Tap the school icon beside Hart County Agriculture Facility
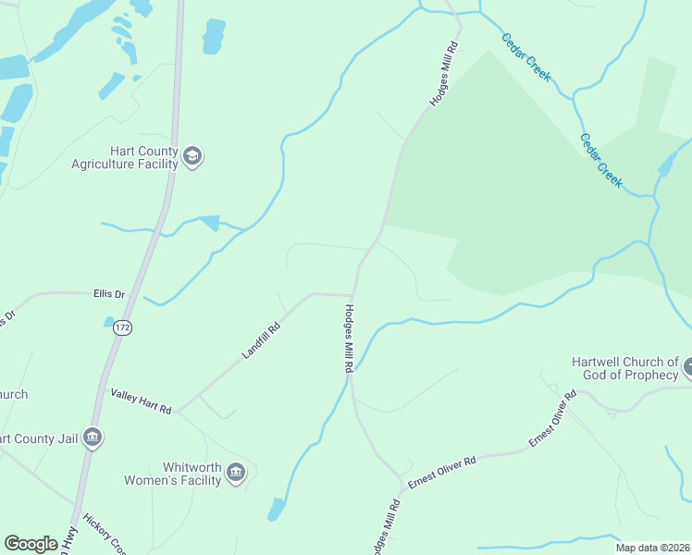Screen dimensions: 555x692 pos(193,156)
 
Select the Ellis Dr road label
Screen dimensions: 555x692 pos(109,294)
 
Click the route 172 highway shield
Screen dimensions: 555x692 pos(123,327)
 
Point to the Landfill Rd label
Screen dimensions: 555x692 pos(261,340)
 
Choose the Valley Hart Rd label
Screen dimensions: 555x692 pos(141,401)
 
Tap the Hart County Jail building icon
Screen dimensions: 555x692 pos(92,437)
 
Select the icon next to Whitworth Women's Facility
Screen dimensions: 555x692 pos(236,473)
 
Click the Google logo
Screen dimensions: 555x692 pos(31,544)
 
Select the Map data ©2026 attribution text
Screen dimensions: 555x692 pos(652,548)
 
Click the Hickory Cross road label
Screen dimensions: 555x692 pos(104,534)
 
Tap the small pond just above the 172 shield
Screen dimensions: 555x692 pos(109,322)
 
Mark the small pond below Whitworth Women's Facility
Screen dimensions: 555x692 pos(276,509)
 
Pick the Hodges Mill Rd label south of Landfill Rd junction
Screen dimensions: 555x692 pos(349,339)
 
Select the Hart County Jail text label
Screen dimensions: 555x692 pos(37,438)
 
